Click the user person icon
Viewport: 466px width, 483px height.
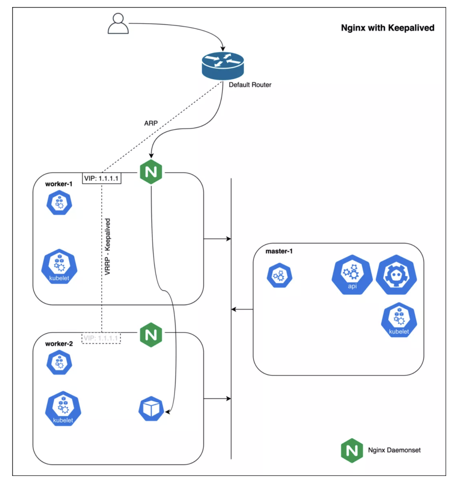[118, 23]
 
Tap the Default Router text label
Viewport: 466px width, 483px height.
[250, 85]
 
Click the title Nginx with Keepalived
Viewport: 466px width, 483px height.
[387, 28]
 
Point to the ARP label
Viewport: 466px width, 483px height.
[151, 123]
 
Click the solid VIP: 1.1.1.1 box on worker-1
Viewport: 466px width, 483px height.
[102, 178]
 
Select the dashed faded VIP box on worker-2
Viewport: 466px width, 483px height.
[101, 338]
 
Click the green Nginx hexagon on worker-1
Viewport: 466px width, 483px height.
[151, 172]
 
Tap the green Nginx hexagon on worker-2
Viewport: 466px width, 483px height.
[151, 335]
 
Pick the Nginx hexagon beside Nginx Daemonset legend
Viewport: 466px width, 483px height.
[352, 451]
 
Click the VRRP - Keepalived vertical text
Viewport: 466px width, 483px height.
[108, 247]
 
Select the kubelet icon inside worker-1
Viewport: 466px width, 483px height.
[59, 267]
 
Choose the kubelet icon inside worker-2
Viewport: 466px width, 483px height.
[63, 409]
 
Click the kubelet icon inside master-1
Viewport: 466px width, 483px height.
[399, 320]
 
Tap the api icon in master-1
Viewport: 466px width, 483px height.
[352, 275]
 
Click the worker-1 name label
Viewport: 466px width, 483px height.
[59, 184]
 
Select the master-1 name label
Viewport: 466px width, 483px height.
[279, 251]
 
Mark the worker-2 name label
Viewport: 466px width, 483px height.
[59, 344]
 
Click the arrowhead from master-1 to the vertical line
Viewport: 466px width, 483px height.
[234, 309]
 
